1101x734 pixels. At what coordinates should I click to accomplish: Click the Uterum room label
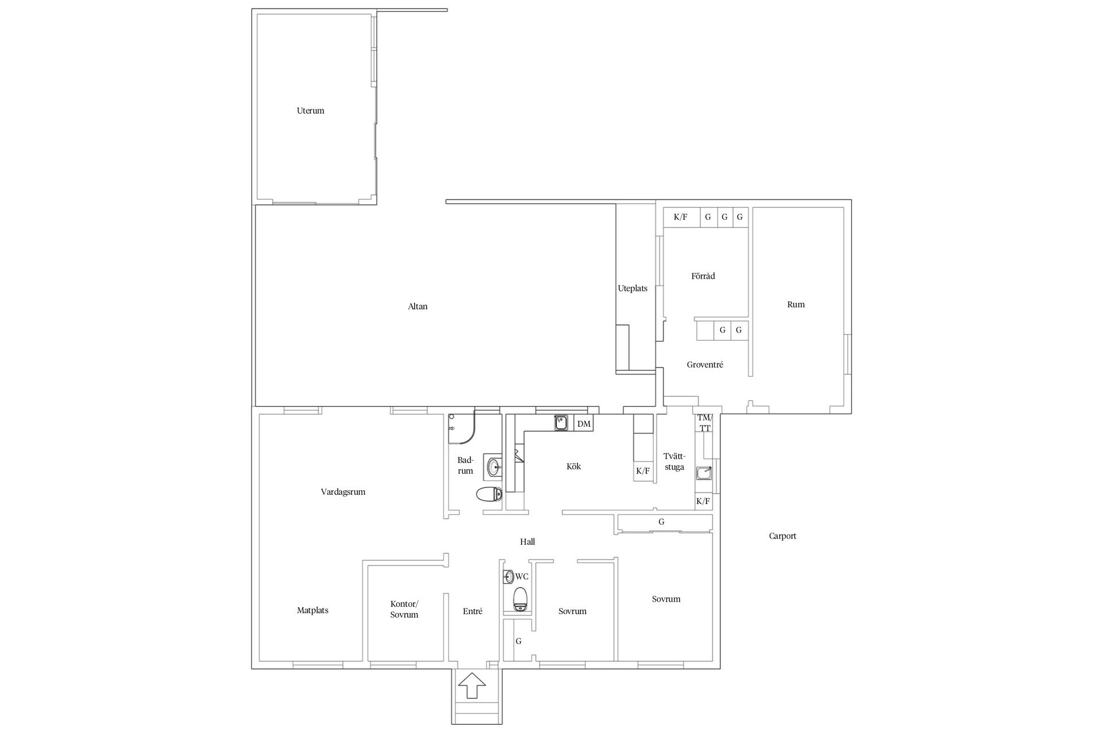coord(310,111)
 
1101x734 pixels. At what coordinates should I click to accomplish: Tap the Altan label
coord(417,306)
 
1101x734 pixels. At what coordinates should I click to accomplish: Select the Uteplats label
coord(633,288)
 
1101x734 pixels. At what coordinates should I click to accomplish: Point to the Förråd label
coord(703,276)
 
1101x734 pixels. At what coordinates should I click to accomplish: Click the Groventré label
coord(705,365)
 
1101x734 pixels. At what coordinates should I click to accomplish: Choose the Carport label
coord(782,536)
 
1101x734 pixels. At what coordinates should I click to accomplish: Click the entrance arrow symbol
coord(471,685)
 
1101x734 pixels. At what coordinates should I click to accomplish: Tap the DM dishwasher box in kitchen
coord(583,424)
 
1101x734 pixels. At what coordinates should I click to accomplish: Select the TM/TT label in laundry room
coord(704,423)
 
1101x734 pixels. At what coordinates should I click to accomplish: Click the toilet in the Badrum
coord(489,494)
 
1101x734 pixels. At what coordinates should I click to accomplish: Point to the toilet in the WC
coord(520,599)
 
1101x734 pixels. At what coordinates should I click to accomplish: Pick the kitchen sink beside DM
coord(561,423)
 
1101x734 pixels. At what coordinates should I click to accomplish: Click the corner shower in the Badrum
coord(462,428)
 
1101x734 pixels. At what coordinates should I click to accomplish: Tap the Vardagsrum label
coord(343,492)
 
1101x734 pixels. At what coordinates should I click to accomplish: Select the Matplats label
coord(313,611)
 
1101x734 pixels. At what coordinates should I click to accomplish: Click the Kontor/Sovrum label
coord(404,609)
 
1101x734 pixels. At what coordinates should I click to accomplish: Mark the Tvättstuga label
coord(674,462)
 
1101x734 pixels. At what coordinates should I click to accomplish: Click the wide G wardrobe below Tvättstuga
coord(665,522)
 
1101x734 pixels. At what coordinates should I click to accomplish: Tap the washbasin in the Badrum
coord(494,467)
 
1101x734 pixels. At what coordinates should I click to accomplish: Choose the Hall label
coord(528,541)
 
